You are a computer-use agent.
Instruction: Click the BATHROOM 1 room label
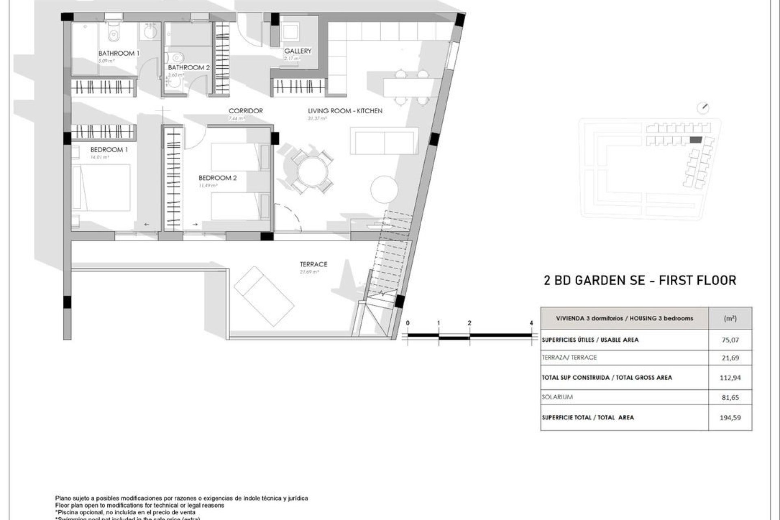[x=119, y=53]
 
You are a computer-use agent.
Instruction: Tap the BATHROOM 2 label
[x=189, y=67]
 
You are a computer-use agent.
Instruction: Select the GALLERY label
[x=298, y=51]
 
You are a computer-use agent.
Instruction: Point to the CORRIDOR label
[x=245, y=110]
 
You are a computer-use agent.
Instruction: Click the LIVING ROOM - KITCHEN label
[x=345, y=110]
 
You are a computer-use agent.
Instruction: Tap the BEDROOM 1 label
[x=109, y=149]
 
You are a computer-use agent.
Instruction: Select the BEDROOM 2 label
[x=217, y=178]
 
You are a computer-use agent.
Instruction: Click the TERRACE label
[x=313, y=264]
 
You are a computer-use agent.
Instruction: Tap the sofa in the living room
[x=384, y=141]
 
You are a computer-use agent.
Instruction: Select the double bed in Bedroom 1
[x=102, y=187]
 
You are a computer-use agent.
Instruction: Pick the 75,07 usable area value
[x=730, y=340]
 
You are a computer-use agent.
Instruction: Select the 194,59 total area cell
[x=730, y=417]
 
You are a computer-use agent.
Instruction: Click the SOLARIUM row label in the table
[x=557, y=397]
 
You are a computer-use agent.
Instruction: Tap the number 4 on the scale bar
[x=531, y=323]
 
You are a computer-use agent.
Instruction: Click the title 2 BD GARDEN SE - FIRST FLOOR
[x=640, y=280]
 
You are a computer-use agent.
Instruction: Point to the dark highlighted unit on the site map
[x=696, y=140]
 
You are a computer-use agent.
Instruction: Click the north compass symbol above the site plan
[x=703, y=108]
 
